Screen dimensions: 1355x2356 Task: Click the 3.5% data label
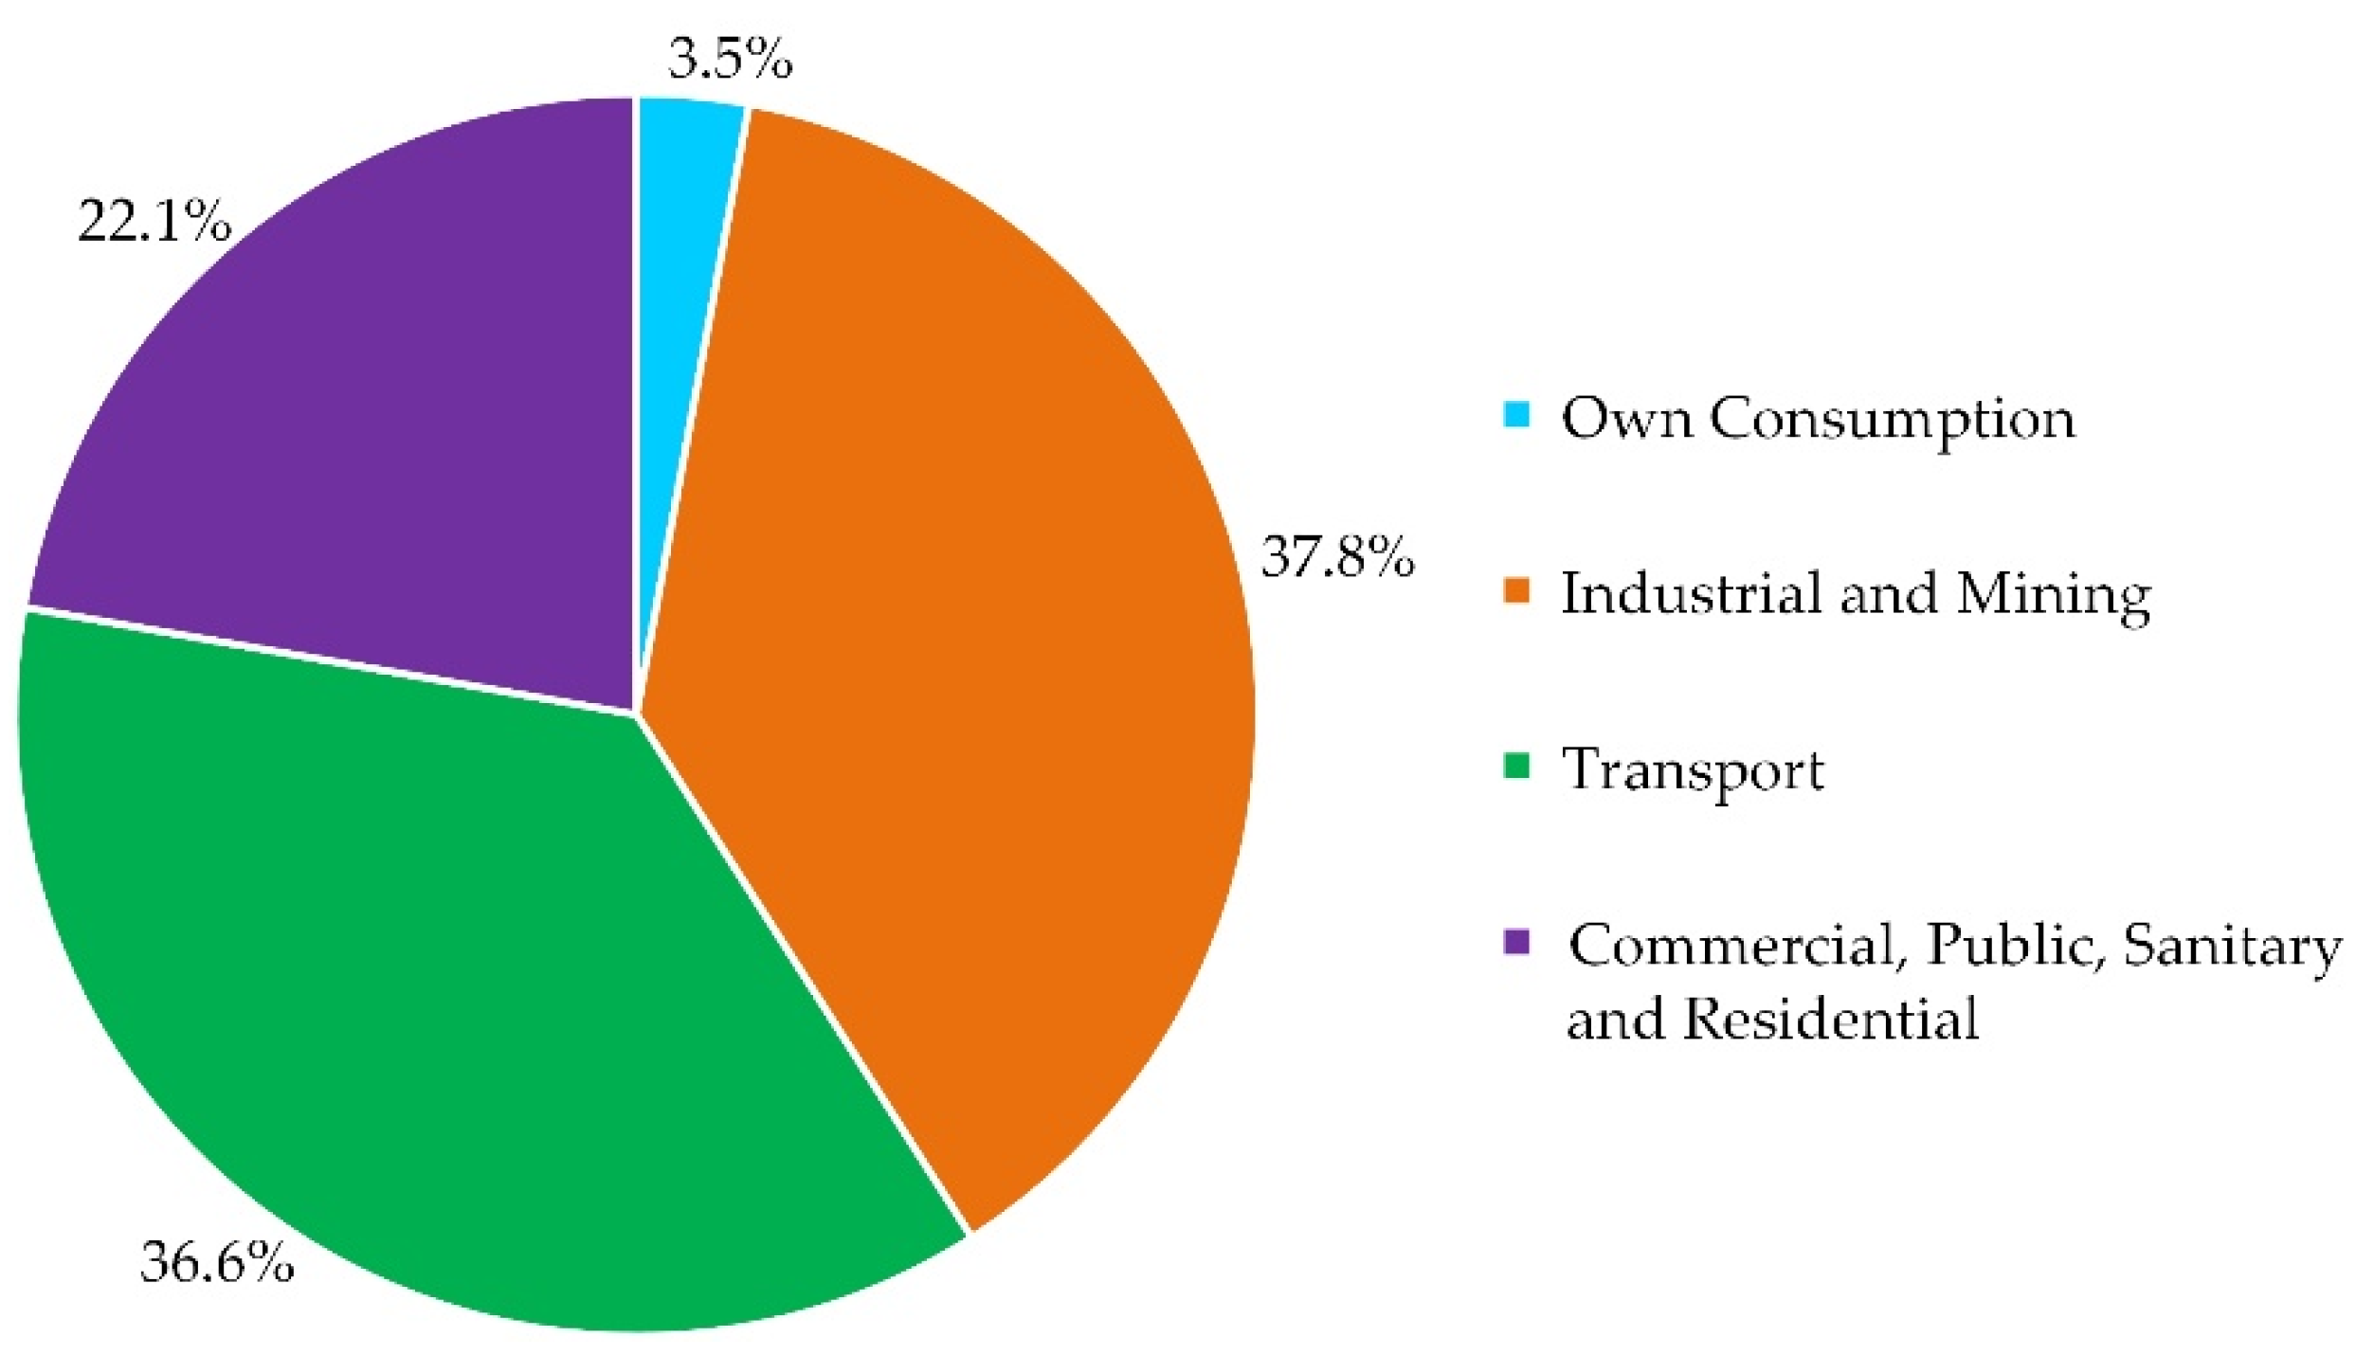tap(730, 59)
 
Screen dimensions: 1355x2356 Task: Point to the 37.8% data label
tap(1337, 557)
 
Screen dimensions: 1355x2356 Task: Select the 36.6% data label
tap(217, 1262)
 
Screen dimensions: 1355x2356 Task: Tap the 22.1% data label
tap(154, 222)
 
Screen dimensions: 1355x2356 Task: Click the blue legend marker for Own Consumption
tap(1516, 415)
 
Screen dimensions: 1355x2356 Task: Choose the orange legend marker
tap(1516, 589)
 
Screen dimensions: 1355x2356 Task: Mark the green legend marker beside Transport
tap(1516, 766)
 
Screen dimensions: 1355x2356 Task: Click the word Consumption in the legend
tap(1892, 419)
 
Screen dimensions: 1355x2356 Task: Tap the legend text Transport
tap(1693, 769)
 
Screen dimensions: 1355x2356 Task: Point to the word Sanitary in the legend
tap(2231, 946)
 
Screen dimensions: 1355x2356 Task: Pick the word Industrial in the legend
tap(1691, 593)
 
